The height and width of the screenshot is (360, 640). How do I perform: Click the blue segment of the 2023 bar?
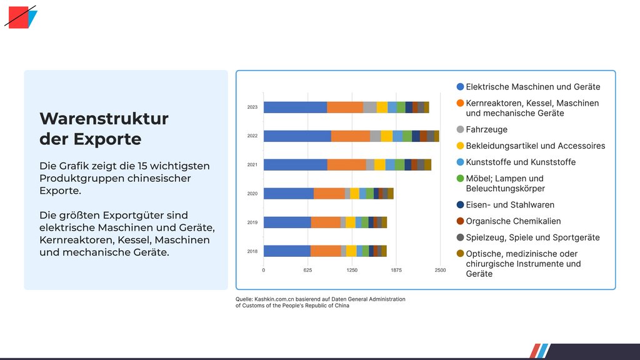295,107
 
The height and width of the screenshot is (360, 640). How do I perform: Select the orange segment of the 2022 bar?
350,136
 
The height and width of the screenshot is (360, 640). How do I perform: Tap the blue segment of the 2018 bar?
287,251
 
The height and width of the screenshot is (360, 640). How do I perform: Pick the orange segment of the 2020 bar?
329,194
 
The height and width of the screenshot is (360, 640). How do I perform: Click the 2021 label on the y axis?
252,165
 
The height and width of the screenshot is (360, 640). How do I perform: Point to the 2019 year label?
252,222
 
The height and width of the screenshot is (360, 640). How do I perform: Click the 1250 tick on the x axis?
352,271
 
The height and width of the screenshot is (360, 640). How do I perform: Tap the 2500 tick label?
440,271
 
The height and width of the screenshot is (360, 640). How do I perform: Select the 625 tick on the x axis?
307,271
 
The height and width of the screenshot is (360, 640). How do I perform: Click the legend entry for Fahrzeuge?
486,129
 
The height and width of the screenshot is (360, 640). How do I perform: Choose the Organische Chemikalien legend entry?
513,221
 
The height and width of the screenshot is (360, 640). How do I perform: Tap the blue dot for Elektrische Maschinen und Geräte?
461,87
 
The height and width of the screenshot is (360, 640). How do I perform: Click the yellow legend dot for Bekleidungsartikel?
461,146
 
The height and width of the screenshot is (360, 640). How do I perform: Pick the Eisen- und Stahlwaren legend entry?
510,205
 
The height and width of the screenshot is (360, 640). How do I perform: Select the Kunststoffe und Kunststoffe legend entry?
521,162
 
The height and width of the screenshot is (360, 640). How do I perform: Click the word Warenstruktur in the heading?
104,119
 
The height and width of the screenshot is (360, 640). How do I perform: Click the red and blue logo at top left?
21,17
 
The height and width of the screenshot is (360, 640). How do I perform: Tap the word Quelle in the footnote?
244,299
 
